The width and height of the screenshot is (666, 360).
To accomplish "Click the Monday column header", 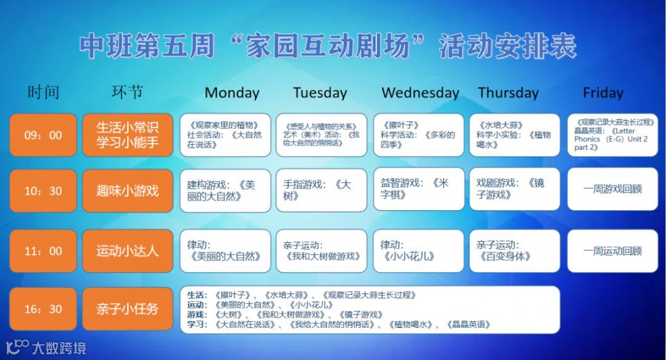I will click(x=232, y=93).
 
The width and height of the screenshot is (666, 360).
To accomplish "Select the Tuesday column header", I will click(x=319, y=93).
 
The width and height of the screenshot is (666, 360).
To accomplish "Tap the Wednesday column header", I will click(x=420, y=93).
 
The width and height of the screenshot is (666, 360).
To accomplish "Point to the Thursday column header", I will click(x=508, y=93).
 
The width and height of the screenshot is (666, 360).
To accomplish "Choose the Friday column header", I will click(x=602, y=93).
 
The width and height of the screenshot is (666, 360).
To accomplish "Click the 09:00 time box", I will click(x=43, y=135).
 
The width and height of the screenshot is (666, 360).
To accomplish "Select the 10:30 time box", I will click(x=43, y=191).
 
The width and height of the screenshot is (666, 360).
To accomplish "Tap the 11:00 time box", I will click(x=43, y=251).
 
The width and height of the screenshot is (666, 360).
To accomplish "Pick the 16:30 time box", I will click(x=43, y=309).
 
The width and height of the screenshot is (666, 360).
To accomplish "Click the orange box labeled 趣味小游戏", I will click(x=128, y=191).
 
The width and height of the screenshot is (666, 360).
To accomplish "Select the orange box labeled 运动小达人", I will click(x=128, y=251).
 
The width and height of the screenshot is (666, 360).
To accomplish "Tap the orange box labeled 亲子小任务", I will click(x=128, y=309).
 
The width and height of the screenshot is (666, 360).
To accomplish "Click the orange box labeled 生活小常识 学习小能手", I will click(x=128, y=135).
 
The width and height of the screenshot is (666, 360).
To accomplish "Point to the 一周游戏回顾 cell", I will click(x=612, y=189).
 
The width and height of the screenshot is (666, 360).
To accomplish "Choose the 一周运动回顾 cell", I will click(x=612, y=251).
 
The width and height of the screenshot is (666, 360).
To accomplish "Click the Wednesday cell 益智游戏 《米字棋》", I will click(x=419, y=189).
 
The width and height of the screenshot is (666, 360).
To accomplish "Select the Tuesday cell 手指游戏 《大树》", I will click(x=321, y=190).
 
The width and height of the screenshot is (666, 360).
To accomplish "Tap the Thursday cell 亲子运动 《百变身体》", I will click(x=514, y=251).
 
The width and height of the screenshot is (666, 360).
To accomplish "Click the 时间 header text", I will click(x=43, y=92).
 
